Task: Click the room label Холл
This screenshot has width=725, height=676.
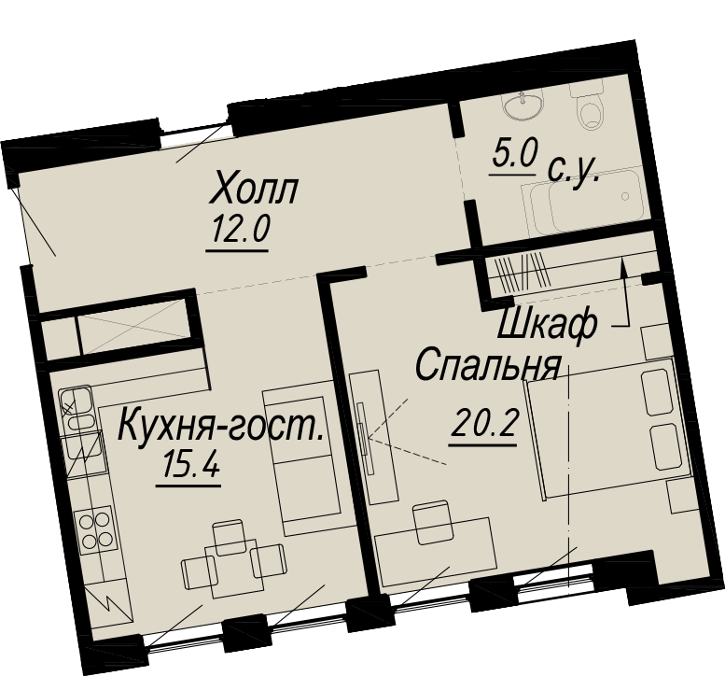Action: (x=253, y=188)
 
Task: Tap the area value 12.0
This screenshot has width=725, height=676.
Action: (x=240, y=231)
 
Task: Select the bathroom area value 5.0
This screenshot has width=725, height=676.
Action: (x=514, y=155)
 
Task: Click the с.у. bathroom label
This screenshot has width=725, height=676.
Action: (x=573, y=172)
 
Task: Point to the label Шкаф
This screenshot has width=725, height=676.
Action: (x=547, y=325)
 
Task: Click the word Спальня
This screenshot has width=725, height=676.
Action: (x=488, y=364)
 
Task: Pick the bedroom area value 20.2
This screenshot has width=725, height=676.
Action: (x=482, y=424)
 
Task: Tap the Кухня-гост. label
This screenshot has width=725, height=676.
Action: (x=220, y=427)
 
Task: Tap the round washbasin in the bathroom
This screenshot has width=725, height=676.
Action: (x=523, y=106)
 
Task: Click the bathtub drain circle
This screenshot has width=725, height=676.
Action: (x=625, y=197)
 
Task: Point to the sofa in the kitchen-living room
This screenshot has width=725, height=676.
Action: (x=305, y=458)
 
